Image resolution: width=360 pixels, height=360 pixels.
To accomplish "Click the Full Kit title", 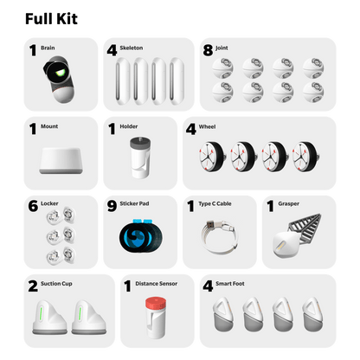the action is click(51, 19).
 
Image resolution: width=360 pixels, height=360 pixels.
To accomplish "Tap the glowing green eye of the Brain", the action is click(61, 72).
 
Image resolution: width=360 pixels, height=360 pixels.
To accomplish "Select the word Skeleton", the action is click(132, 48).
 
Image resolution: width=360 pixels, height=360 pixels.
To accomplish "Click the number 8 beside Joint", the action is click(208, 50).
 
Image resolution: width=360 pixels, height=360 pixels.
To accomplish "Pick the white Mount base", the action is click(61, 161).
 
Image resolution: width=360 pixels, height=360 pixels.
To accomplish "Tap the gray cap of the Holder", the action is click(140, 143).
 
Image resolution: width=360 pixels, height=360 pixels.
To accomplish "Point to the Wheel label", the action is click(207, 126).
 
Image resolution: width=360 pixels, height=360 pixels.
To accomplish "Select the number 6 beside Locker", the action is click(33, 206).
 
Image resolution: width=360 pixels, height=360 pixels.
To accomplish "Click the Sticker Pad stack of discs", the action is click(141, 236).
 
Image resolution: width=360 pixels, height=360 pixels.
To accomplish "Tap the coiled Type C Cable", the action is click(219, 237).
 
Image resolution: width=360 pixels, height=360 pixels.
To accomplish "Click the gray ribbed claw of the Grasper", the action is click(306, 228).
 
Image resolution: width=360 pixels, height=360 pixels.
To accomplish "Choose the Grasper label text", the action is click(288, 203).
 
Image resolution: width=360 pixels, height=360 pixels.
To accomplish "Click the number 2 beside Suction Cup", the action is click(33, 286).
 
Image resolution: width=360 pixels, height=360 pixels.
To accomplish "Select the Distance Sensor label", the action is click(157, 284).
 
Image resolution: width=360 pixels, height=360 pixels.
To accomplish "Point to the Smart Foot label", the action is click(230, 284).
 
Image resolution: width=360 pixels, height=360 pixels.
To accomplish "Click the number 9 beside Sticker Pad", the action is click(112, 206).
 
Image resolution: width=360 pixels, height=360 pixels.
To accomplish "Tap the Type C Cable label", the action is click(215, 203).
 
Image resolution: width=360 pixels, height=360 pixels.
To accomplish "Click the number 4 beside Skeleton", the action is click(112, 50).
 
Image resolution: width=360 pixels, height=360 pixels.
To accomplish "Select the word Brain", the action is click(48, 48).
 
